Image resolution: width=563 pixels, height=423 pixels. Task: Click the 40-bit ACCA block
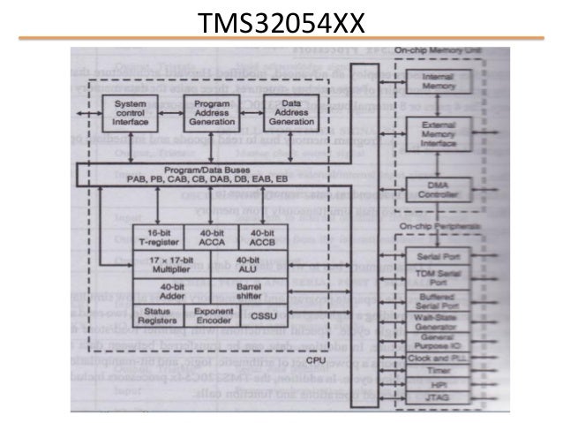coord(211,236)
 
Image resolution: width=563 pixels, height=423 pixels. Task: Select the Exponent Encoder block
coord(211,316)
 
